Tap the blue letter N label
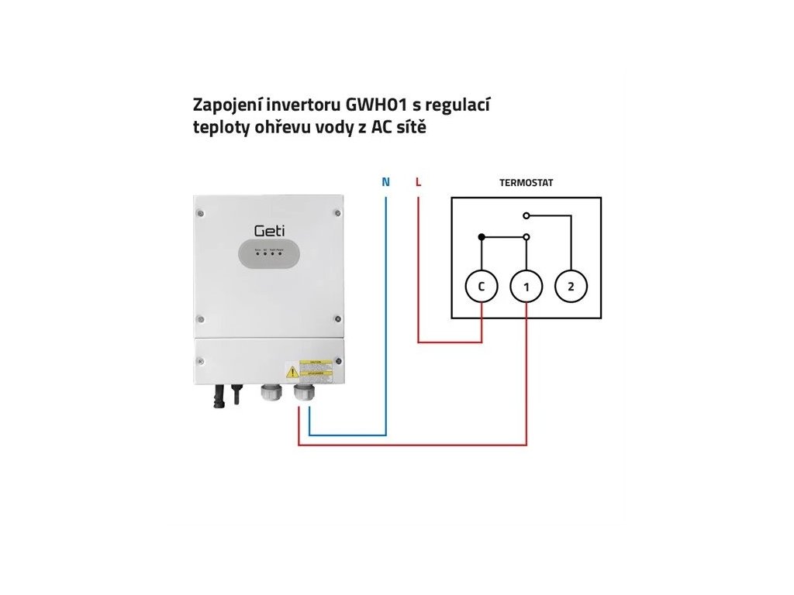386,183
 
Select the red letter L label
418,183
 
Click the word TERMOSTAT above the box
526,183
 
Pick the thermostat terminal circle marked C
481,287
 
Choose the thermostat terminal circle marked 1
526,287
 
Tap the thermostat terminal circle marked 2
571,287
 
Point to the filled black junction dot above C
482,236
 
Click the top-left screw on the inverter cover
201,211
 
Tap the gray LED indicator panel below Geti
268,256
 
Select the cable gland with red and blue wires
304,394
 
